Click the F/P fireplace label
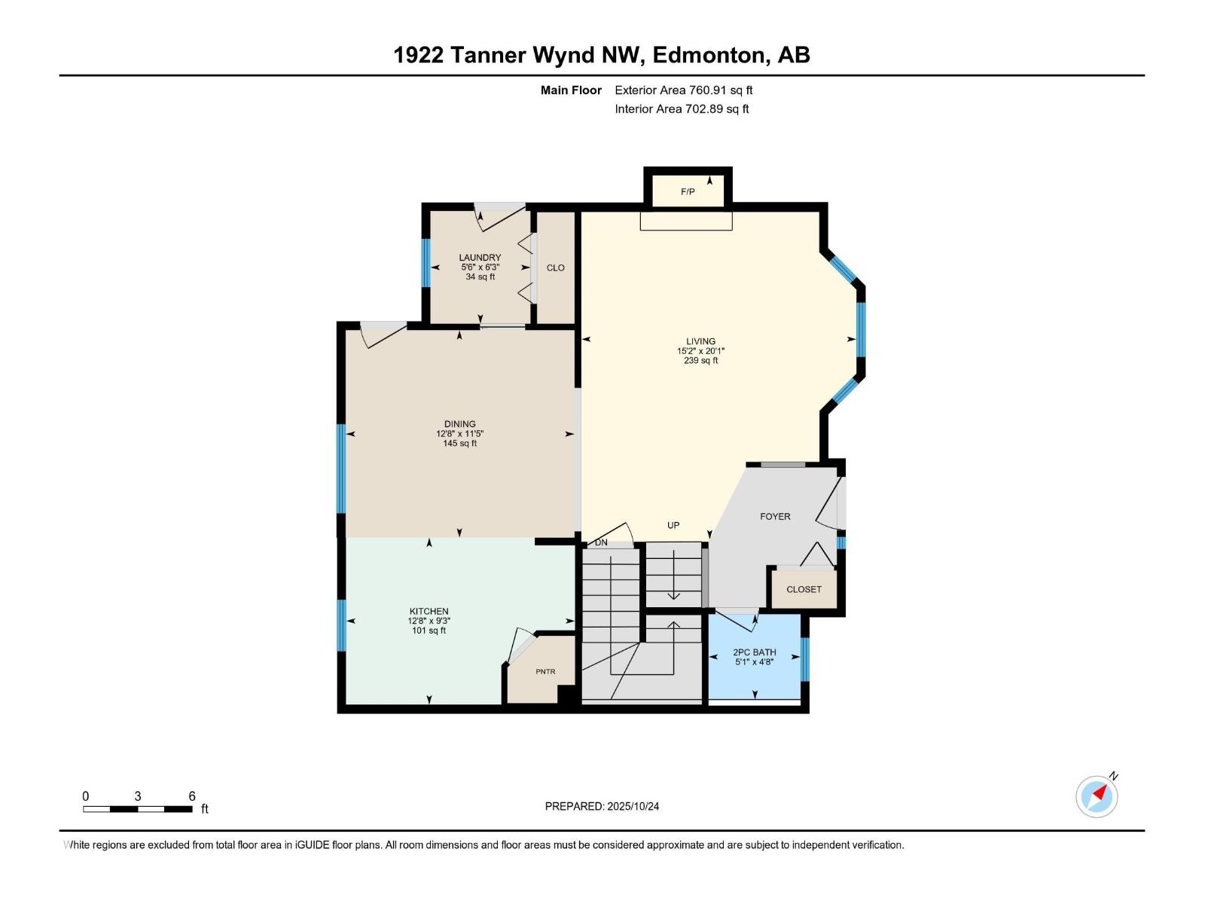688,192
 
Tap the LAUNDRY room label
480,258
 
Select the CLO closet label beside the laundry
556,268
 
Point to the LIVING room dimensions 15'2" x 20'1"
700,351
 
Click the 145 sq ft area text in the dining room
459,444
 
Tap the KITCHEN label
429,612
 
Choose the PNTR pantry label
545,672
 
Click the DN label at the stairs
601,542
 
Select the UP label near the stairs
673,526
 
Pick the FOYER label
775,517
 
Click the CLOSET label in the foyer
804,590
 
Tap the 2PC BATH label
754,652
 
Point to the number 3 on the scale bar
138,796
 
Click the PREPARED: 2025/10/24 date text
602,806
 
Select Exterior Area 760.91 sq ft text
683,90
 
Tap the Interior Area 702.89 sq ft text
682,109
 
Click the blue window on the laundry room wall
426,262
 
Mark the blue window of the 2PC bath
804,659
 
